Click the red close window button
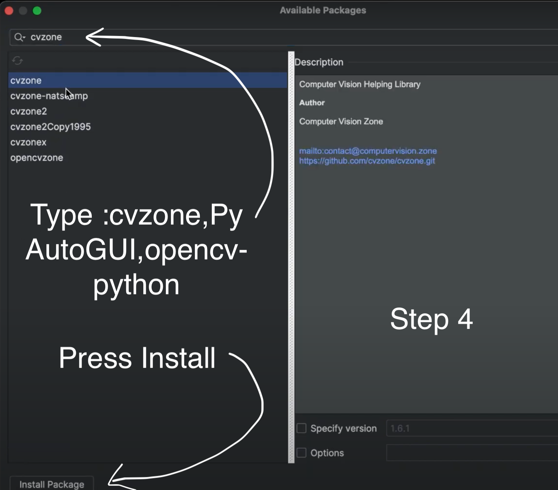[9, 11]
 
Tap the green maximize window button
[37, 11]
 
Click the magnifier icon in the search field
[19, 37]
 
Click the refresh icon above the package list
[17, 61]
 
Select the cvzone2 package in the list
[29, 111]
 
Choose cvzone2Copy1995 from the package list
[50, 127]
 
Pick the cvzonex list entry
[28, 142]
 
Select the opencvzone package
[37, 158]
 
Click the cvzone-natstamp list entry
[49, 96]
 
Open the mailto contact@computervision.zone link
[368, 151]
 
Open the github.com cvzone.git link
[367, 161]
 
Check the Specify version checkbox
[301, 428]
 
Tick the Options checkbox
[301, 453]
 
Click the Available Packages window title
[323, 10]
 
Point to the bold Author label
[312, 103]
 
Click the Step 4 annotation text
[431, 319]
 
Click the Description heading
[319, 62]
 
